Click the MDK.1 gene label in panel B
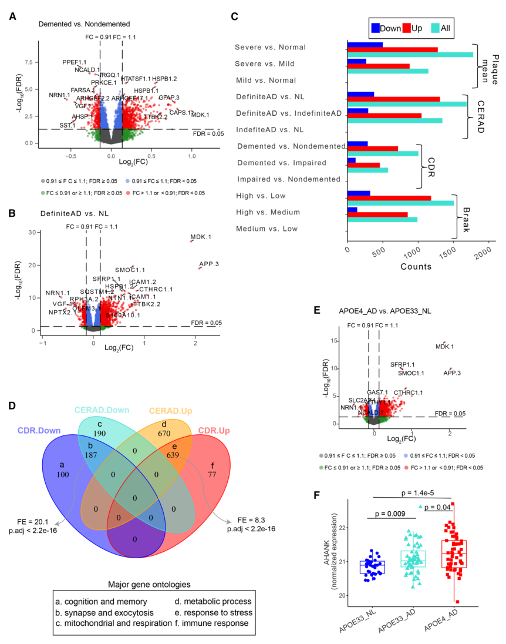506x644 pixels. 202,237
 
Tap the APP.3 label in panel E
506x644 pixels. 451,373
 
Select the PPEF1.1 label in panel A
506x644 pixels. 75,62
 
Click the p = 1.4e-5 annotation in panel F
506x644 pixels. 409,494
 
